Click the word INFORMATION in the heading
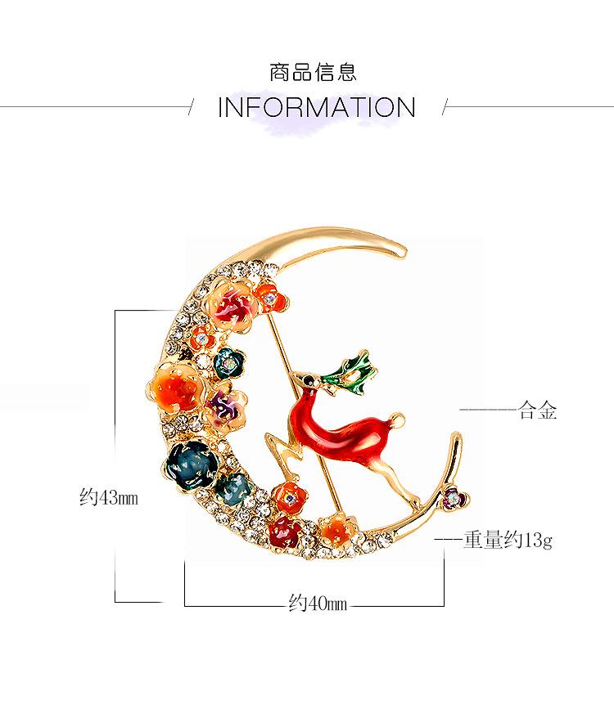317,107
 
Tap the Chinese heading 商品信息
313,72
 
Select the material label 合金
538,411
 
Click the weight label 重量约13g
508,541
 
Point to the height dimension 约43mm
109,497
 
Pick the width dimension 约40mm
318,604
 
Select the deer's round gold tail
400,422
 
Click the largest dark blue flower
191,460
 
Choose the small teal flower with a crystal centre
225,360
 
